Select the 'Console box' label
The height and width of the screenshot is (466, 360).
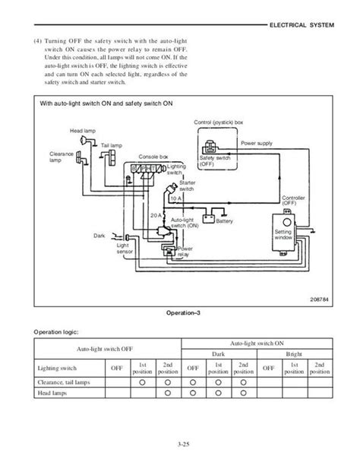click(153, 157)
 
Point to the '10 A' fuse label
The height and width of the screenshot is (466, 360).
click(175, 198)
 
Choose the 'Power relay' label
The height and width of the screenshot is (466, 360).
click(185, 251)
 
